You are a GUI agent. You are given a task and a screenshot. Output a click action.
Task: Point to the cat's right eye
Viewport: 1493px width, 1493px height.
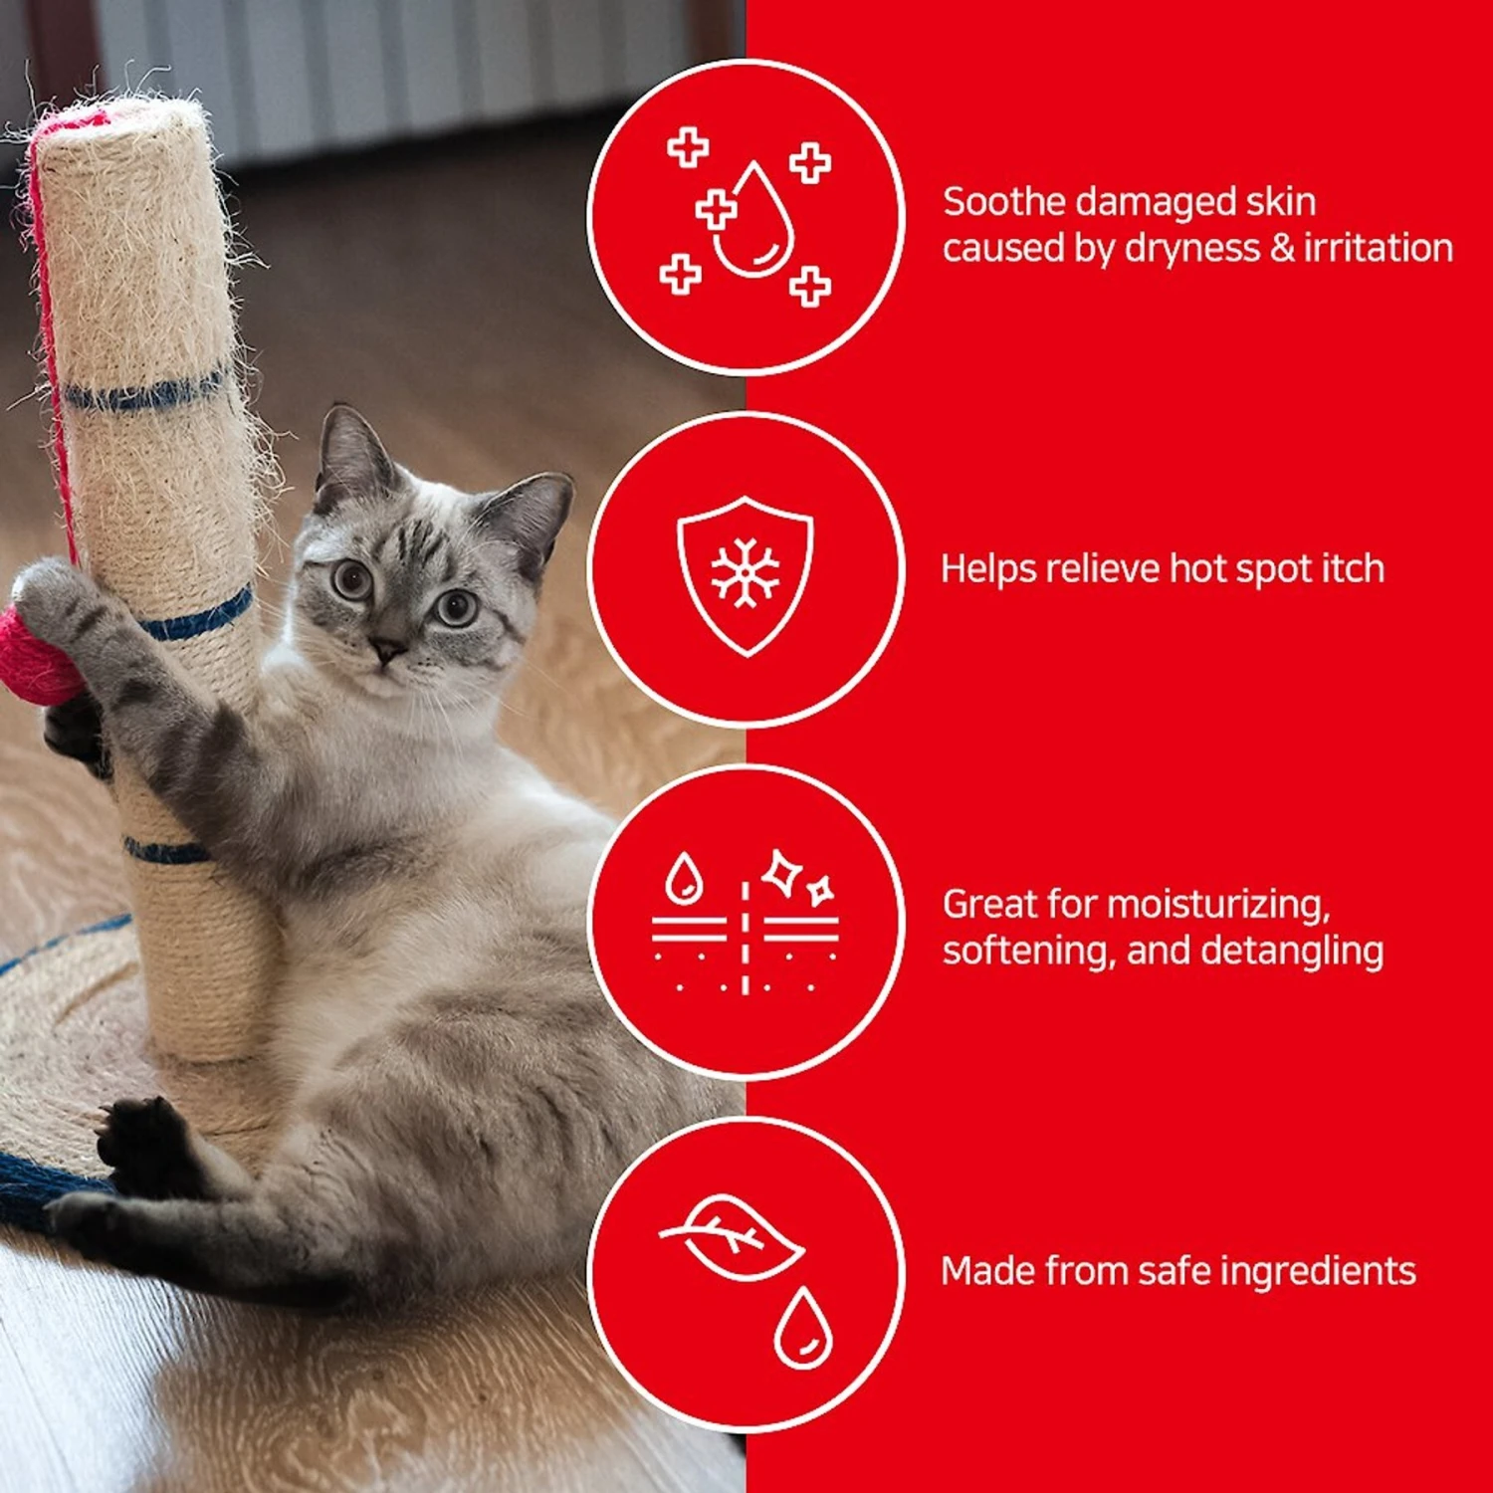tap(351, 578)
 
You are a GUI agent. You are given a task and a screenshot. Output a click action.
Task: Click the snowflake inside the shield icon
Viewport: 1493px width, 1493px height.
tap(746, 573)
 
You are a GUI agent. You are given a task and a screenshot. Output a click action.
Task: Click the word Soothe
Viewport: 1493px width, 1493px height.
tap(1006, 202)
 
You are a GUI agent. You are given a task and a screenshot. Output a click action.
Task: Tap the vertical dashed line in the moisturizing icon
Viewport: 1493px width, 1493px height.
tap(745, 937)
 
